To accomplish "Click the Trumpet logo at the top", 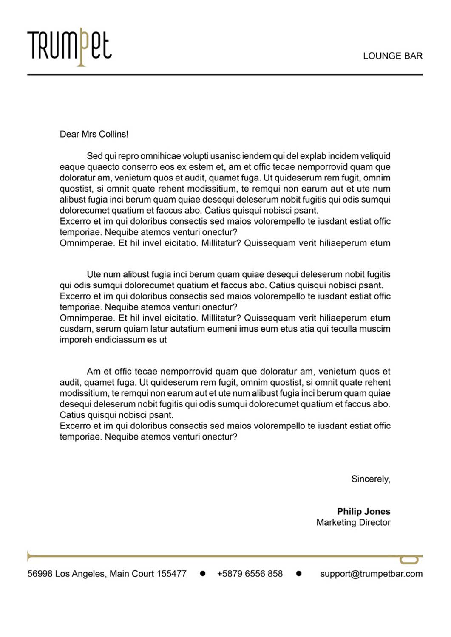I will pyautogui.click(x=69, y=46).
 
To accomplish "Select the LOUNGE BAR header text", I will pyautogui.click(x=392, y=56).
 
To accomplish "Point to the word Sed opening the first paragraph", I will pyautogui.click(x=94, y=156).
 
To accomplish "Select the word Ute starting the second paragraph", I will pyautogui.click(x=94, y=275).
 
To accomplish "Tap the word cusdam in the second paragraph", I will pyautogui.click(x=75, y=329).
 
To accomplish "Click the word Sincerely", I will pyautogui.click(x=370, y=479).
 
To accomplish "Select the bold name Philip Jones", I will pyautogui.click(x=363, y=512).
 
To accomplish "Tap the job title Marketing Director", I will pyautogui.click(x=353, y=523).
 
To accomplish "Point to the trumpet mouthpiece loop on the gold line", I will pyautogui.click(x=409, y=560).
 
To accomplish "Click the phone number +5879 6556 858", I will pyautogui.click(x=250, y=574).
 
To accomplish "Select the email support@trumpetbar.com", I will pyautogui.click(x=371, y=574).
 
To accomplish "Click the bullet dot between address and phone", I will pyautogui.click(x=203, y=574).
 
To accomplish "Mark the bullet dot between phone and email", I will pyautogui.click(x=299, y=574).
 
